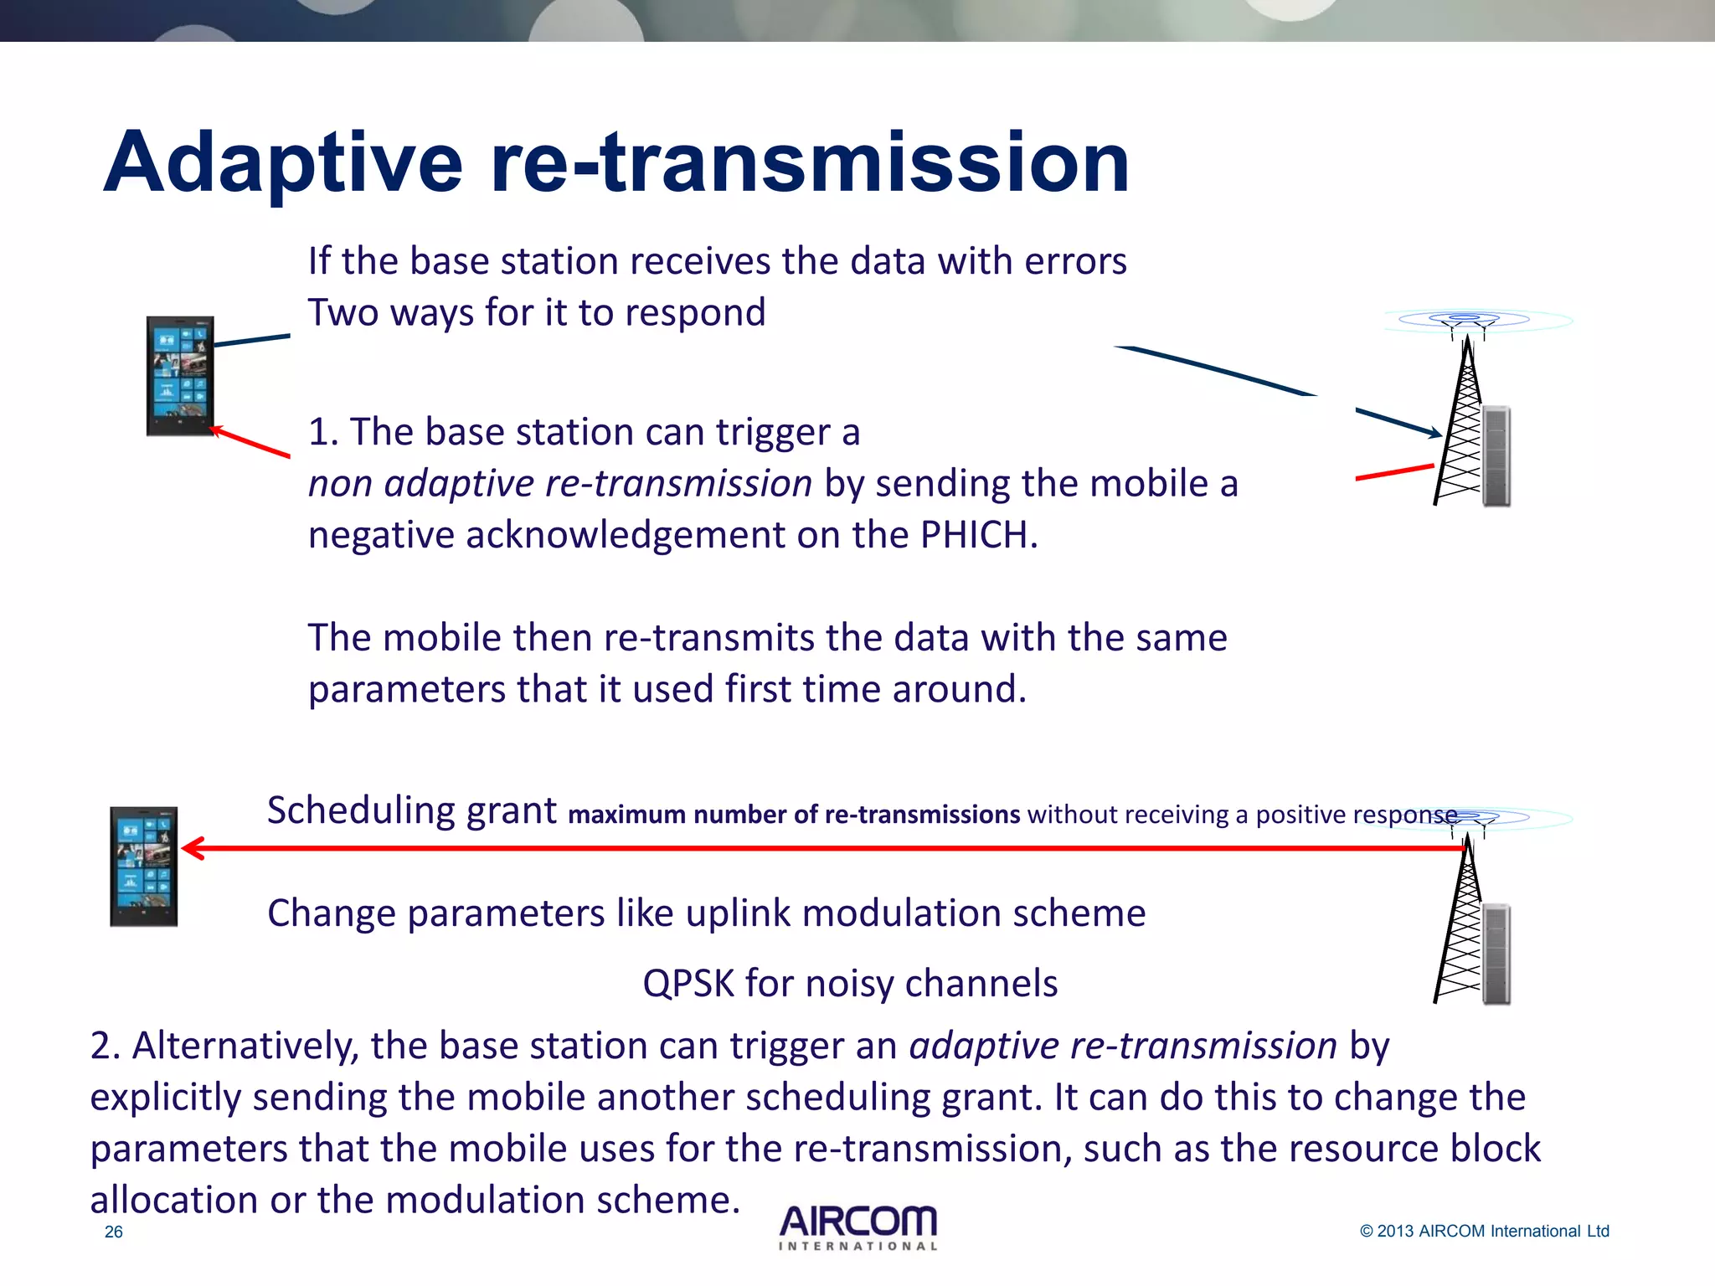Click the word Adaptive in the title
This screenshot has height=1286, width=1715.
coord(283,163)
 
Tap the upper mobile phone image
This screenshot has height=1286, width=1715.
coord(180,376)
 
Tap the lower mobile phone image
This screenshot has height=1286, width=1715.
coord(144,867)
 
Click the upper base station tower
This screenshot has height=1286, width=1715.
coord(1467,419)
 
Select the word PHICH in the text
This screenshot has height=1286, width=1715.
coord(978,535)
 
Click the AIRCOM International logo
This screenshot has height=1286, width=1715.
coord(858,1227)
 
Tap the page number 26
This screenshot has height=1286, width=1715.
coord(114,1232)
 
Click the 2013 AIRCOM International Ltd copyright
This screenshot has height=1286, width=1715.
coord(1484,1231)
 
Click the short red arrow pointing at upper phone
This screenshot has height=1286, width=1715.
coord(250,442)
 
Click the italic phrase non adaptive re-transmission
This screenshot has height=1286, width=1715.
coord(559,484)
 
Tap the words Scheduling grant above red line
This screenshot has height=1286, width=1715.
coord(411,810)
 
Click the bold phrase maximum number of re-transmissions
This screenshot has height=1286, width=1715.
coord(794,815)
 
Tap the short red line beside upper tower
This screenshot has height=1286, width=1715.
coord(1394,472)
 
